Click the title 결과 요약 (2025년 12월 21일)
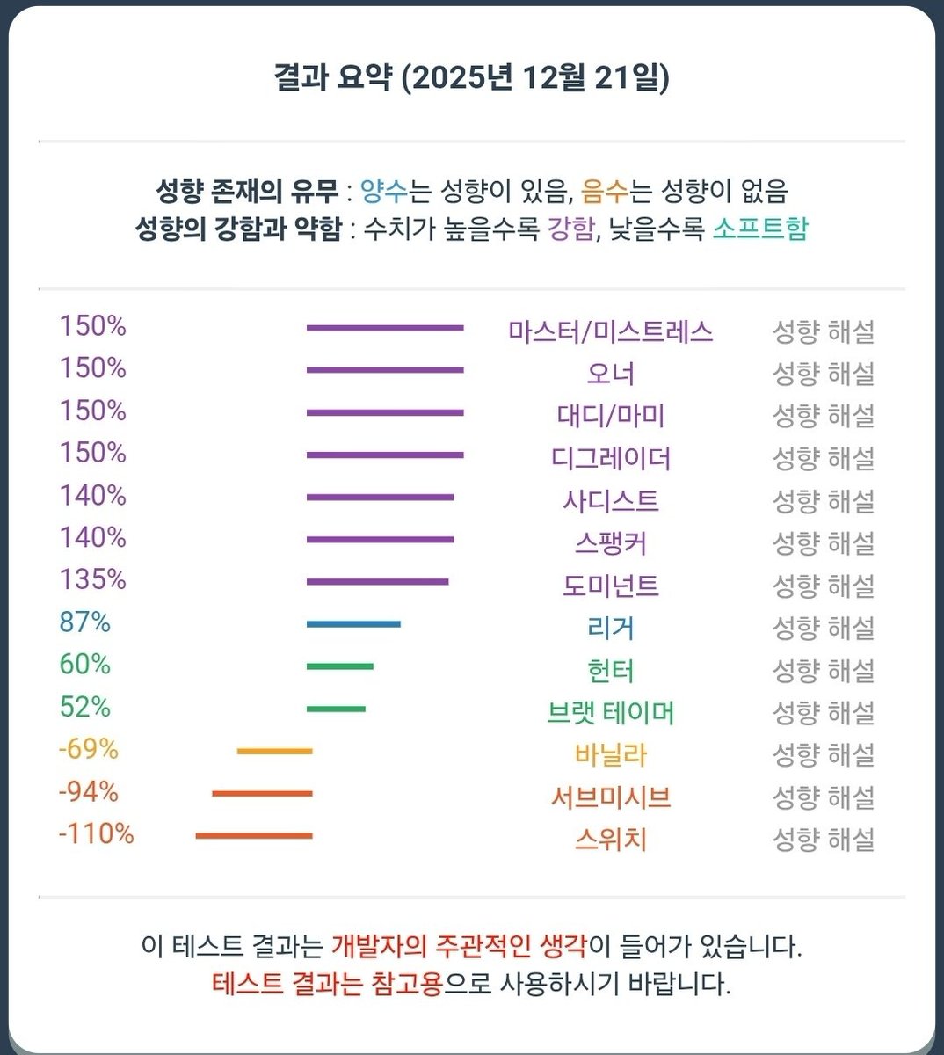[x=471, y=78]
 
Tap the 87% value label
[x=84, y=622]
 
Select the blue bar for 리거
[x=353, y=624]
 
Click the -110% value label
[x=96, y=833]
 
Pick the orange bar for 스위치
[x=253, y=835]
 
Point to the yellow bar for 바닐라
[x=274, y=751]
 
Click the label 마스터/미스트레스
[x=610, y=331]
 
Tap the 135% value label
[x=92, y=580]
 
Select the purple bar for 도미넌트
[x=377, y=582]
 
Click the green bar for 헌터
[x=339, y=666]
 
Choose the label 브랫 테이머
[x=610, y=712]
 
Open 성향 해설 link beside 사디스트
[x=823, y=501]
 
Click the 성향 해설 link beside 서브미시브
[x=823, y=797]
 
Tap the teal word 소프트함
[x=759, y=229]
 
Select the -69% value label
[x=88, y=749]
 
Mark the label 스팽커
[x=610, y=543]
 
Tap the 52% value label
[x=84, y=707]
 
